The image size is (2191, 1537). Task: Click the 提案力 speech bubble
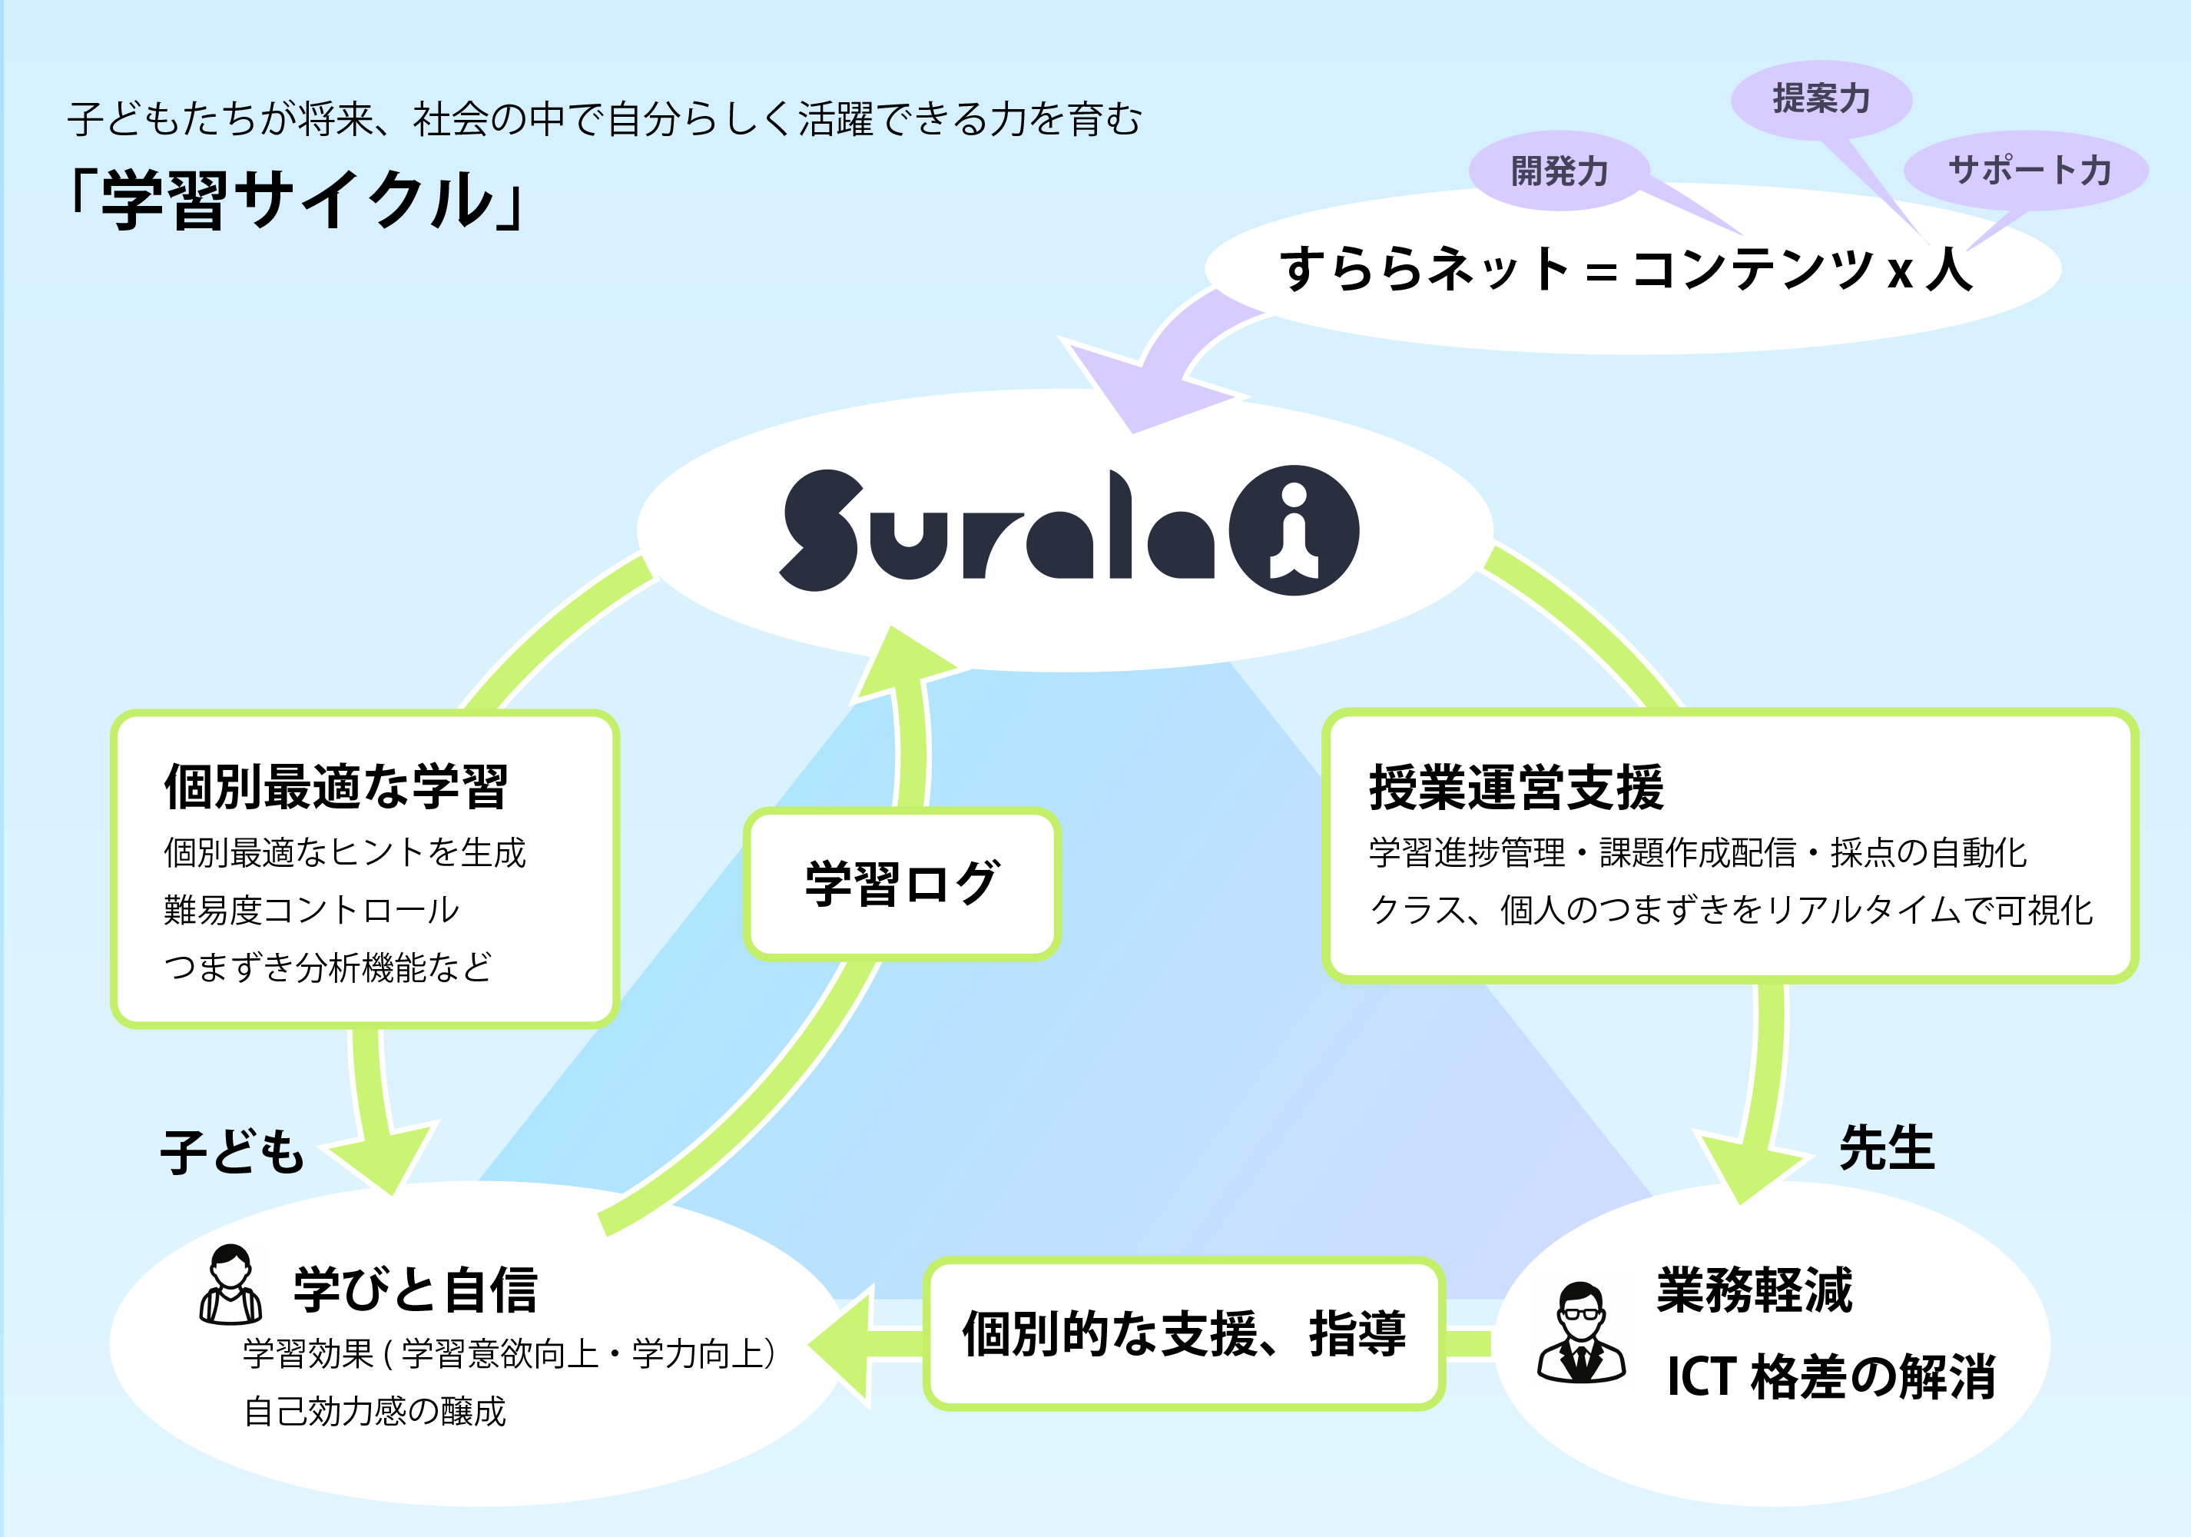click(x=1821, y=99)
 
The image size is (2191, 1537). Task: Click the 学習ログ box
click(x=902, y=883)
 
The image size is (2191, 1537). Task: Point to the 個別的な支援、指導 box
click(x=1183, y=1333)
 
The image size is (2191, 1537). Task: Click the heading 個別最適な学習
click(x=336, y=787)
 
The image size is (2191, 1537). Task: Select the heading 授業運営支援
click(x=1516, y=788)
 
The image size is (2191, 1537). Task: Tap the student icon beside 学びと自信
click(x=230, y=1285)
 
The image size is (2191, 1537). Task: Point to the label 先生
click(x=1887, y=1147)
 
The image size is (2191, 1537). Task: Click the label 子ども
click(x=233, y=1151)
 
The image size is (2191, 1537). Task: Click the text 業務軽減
click(x=1754, y=1291)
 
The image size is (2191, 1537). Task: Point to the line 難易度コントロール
click(x=311, y=910)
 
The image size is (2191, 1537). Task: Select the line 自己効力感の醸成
click(x=374, y=1411)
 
